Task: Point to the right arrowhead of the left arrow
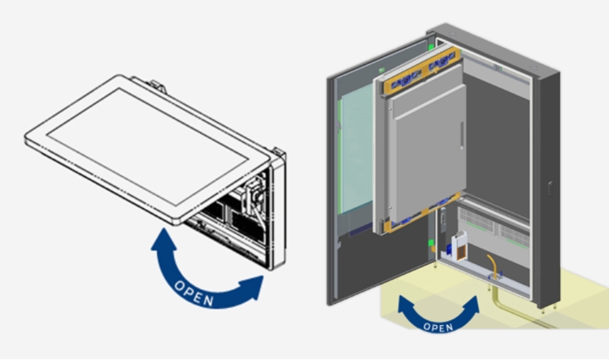[254, 287]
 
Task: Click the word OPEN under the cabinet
[438, 327]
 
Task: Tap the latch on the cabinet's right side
[550, 187]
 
